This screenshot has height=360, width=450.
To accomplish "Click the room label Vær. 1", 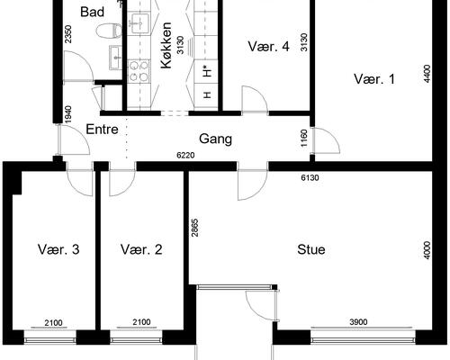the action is click(374, 79).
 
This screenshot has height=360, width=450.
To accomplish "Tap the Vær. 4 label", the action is click(268, 47).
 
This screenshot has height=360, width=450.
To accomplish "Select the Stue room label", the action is click(311, 249).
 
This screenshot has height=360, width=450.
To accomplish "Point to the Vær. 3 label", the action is click(58, 249).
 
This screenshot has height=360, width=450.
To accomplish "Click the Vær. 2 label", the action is click(141, 249).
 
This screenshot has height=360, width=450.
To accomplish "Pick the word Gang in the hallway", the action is click(215, 139).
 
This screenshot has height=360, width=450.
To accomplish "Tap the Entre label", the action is click(102, 130).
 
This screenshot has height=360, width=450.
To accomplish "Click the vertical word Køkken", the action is click(166, 45).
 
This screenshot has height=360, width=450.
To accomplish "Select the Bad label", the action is click(93, 12).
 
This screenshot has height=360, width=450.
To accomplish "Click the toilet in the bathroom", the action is click(110, 31).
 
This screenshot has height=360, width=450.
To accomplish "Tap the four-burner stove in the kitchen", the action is click(139, 71).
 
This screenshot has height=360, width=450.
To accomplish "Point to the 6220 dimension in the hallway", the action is click(185, 156).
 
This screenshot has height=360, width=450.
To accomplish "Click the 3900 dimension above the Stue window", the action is click(358, 322).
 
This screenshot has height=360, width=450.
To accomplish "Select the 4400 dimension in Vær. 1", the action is click(427, 74).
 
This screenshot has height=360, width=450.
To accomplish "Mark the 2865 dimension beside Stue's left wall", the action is click(194, 228).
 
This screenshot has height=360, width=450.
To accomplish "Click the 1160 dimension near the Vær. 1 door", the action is click(304, 139).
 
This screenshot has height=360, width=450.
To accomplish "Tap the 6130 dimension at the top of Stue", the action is click(310, 178).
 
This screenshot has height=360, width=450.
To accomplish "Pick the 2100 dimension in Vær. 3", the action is click(53, 323).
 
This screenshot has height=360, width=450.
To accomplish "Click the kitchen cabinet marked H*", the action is click(206, 72).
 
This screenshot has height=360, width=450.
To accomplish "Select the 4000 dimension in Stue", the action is click(427, 250).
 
